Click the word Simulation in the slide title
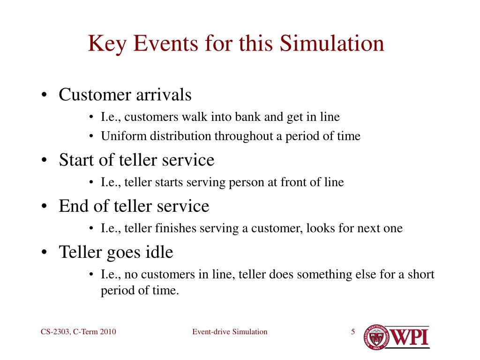pyautogui.click(x=332, y=44)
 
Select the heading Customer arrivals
pyautogui.click(x=125, y=95)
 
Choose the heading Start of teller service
pyautogui.click(x=136, y=160)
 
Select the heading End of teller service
pyautogui.click(x=134, y=206)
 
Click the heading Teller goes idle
pyautogui.click(x=116, y=252)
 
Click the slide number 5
pyautogui.click(x=352, y=332)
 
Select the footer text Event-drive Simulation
pyautogui.click(x=230, y=332)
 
